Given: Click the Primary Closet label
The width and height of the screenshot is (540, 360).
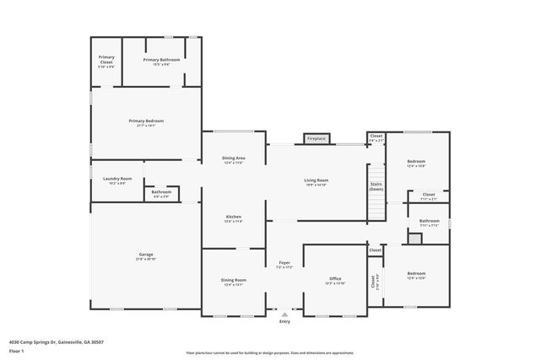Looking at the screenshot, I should pyautogui.click(x=106, y=61).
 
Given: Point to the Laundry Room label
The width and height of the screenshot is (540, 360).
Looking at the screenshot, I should pyautogui.click(x=117, y=180).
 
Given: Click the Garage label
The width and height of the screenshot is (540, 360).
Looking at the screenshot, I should pyautogui.click(x=146, y=256).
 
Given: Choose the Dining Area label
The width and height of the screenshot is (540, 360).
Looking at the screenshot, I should pyautogui.click(x=234, y=160).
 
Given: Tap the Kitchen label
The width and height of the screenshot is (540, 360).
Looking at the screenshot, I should pyautogui.click(x=234, y=218).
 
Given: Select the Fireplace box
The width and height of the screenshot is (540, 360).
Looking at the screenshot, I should pyautogui.click(x=316, y=138).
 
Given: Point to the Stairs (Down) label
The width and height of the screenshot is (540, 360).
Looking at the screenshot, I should pyautogui.click(x=376, y=188).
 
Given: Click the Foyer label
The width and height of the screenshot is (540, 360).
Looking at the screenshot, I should pyautogui.click(x=284, y=265).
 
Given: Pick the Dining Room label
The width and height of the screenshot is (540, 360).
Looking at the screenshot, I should pyautogui.click(x=234, y=282).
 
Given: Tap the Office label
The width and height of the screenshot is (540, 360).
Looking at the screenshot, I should pyautogui.click(x=334, y=280).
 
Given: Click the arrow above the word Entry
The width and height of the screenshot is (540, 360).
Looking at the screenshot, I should pyautogui.click(x=284, y=314).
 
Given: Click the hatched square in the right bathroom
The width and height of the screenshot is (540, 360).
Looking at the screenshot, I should pyautogui.click(x=413, y=239).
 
